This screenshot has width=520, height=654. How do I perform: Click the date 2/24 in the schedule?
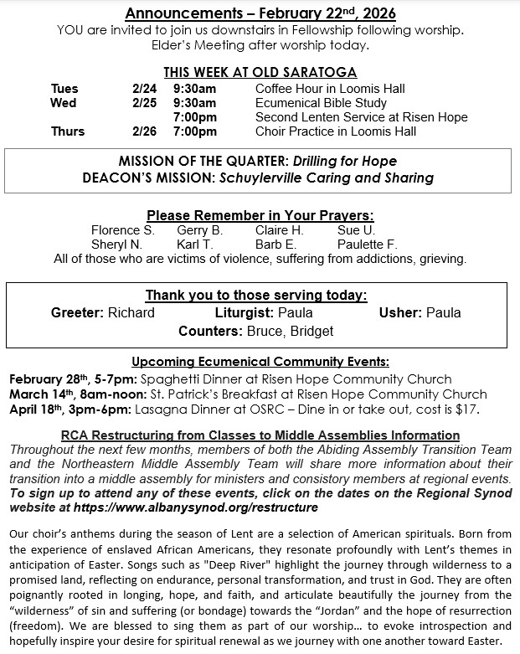[145, 88]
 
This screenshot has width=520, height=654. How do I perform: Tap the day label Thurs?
[68, 131]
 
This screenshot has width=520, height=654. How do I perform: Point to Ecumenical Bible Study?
[321, 103]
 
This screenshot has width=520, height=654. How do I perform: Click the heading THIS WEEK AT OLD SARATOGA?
[260, 72]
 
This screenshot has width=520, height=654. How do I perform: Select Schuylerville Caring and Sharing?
[327, 178]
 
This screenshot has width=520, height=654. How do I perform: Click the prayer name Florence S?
[123, 229]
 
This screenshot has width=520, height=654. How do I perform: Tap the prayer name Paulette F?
[367, 244]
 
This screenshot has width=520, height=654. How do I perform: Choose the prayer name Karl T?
[194, 244]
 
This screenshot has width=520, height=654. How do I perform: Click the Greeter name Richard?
[131, 312]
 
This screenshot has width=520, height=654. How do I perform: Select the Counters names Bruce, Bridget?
[290, 331]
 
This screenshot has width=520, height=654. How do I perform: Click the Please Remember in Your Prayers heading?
[260, 215]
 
